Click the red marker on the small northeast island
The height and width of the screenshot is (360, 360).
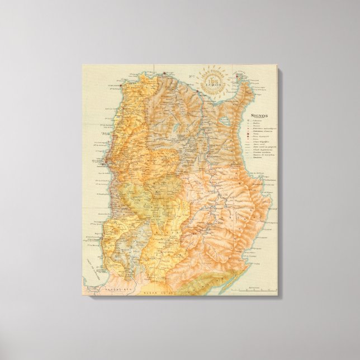click(237, 77)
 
